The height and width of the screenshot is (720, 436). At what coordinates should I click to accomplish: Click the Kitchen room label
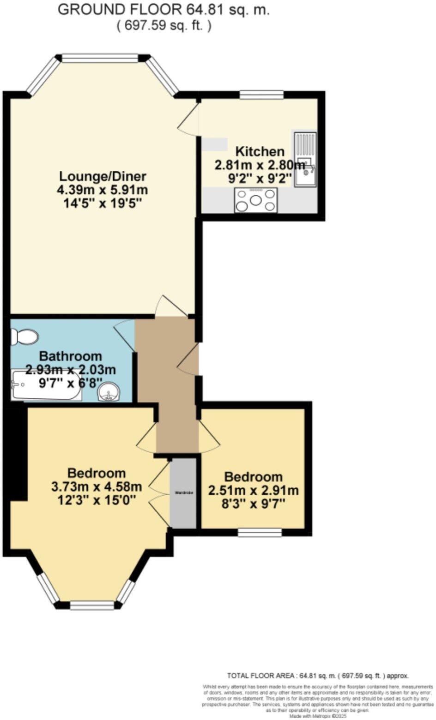(260, 151)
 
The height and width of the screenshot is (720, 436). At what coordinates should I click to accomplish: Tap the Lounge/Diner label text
(103, 176)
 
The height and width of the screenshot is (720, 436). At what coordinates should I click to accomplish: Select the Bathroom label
(70, 356)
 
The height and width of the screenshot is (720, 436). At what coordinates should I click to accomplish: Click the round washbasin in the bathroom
(109, 392)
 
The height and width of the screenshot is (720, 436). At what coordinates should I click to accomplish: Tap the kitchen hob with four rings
(256, 200)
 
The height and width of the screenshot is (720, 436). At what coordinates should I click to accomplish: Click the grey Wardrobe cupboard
(184, 492)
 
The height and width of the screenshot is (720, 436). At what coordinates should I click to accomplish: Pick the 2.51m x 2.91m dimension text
(253, 490)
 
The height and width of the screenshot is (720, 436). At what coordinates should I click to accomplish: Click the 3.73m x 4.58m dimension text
(96, 486)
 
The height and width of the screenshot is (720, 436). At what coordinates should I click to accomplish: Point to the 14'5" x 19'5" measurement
(103, 203)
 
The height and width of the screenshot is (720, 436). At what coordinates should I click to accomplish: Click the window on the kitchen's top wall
(261, 95)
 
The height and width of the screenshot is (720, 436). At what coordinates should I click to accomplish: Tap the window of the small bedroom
(260, 533)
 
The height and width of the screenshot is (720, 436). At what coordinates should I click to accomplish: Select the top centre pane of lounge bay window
(100, 58)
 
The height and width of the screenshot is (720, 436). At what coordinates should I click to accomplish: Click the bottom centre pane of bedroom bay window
(92, 606)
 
